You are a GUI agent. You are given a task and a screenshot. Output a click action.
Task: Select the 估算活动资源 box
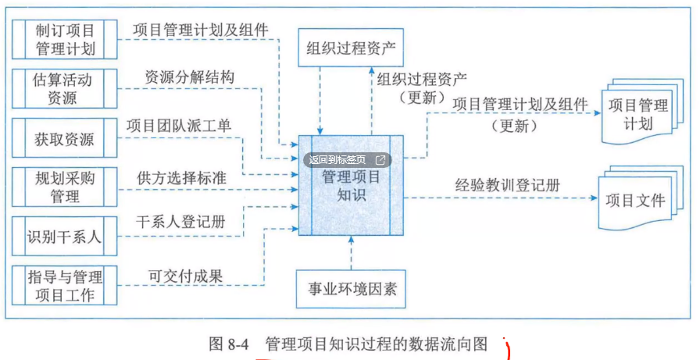click(66, 88)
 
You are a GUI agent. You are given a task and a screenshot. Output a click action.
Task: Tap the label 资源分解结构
click(189, 79)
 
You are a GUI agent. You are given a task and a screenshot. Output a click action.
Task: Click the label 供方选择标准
click(182, 177)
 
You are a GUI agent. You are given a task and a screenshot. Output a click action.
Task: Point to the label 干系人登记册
click(181, 223)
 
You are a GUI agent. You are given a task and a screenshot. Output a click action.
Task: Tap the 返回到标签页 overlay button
click(347, 159)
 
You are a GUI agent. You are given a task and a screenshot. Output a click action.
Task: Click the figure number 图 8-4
click(229, 344)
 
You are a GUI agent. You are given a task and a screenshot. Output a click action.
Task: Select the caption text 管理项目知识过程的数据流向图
click(377, 344)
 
